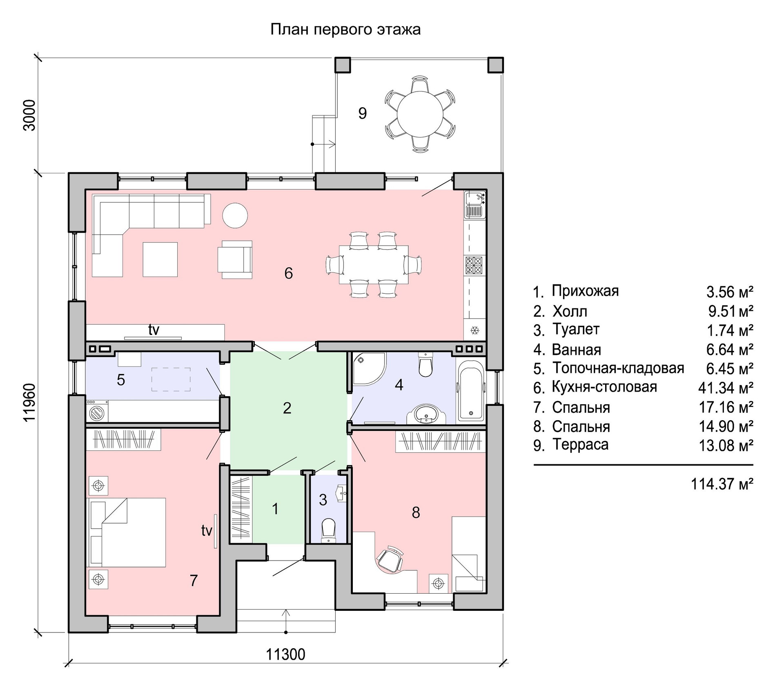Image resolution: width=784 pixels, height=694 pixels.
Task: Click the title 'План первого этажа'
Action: click(345, 30)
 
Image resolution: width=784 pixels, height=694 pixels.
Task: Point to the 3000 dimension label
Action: click(30, 115)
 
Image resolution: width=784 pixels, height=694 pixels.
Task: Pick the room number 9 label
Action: click(362, 113)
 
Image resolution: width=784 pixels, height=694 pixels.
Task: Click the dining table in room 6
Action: click(374, 264)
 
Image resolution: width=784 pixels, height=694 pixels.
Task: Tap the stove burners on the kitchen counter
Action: click(474, 264)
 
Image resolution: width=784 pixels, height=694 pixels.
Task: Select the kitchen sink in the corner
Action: click(474, 204)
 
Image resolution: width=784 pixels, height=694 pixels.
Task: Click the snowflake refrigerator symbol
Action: click(475, 330)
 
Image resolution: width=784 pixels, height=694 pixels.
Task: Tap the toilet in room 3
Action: click(328, 530)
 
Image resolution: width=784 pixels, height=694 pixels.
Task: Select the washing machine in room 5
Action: click(97, 411)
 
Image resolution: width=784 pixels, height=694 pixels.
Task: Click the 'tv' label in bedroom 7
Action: click(207, 531)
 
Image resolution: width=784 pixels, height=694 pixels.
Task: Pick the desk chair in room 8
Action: click(390, 559)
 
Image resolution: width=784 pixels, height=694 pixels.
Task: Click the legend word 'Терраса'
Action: click(580, 444)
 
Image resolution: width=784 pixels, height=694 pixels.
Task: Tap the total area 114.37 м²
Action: click(722, 484)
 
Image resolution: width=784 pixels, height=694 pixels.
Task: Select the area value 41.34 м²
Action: click(726, 388)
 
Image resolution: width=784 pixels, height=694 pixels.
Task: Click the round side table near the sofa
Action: click(235, 215)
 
